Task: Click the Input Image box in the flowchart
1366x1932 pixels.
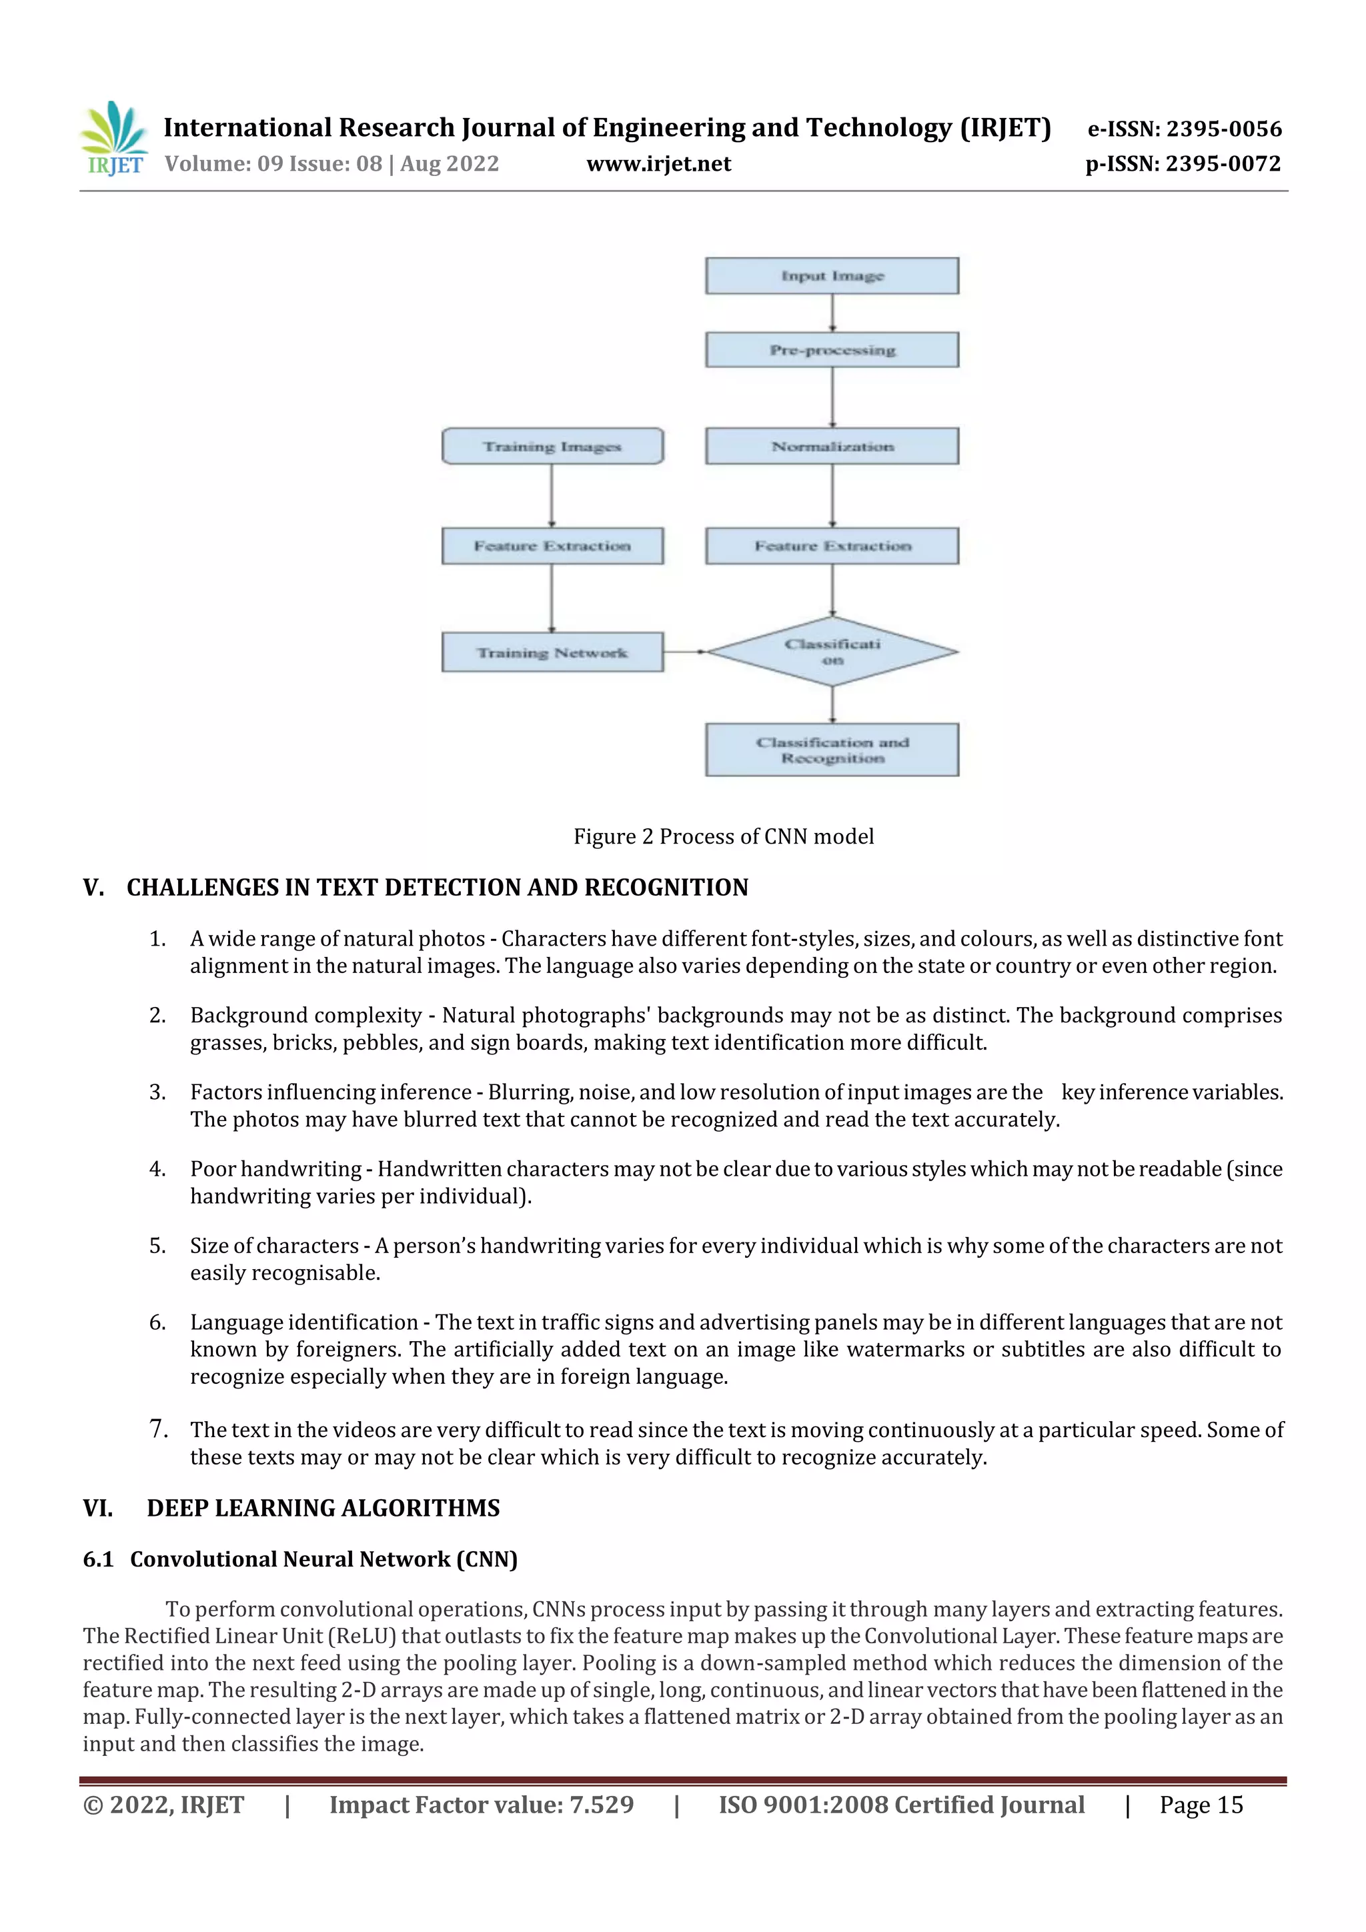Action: [832, 276]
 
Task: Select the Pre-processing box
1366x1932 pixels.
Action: [832, 350]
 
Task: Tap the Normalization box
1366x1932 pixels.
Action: [832, 446]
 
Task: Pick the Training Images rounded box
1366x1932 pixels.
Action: [552, 446]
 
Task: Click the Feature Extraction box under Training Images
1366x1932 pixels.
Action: [552, 546]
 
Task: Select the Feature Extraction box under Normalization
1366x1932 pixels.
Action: [832, 546]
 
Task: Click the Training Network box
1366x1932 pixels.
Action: [552, 652]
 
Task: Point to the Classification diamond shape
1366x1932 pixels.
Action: [832, 652]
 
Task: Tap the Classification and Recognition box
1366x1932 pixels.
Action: [832, 750]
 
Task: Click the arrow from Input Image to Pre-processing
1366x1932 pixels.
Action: [832, 313]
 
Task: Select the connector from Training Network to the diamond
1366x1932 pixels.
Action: [684, 652]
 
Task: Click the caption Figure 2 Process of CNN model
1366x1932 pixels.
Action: [723, 836]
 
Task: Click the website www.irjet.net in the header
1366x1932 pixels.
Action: [658, 163]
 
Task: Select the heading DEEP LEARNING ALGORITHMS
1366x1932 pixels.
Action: [323, 1508]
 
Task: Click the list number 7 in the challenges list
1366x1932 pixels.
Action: [157, 1428]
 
